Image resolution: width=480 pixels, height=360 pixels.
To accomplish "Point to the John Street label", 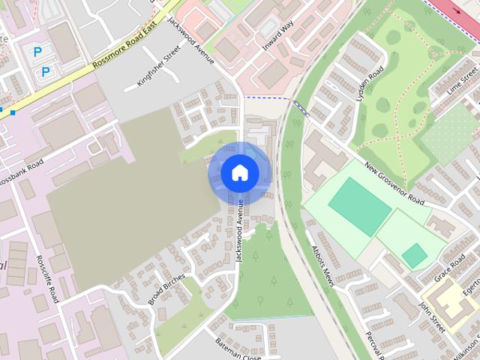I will click(x=432, y=316).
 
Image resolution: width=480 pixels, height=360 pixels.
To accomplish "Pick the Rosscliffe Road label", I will click(x=46, y=280).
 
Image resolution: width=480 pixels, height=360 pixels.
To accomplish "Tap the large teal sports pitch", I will click(x=360, y=206).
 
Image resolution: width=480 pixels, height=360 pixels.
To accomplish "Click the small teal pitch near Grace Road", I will click(x=414, y=255).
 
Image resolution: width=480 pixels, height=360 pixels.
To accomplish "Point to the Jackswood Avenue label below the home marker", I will click(x=239, y=229).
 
